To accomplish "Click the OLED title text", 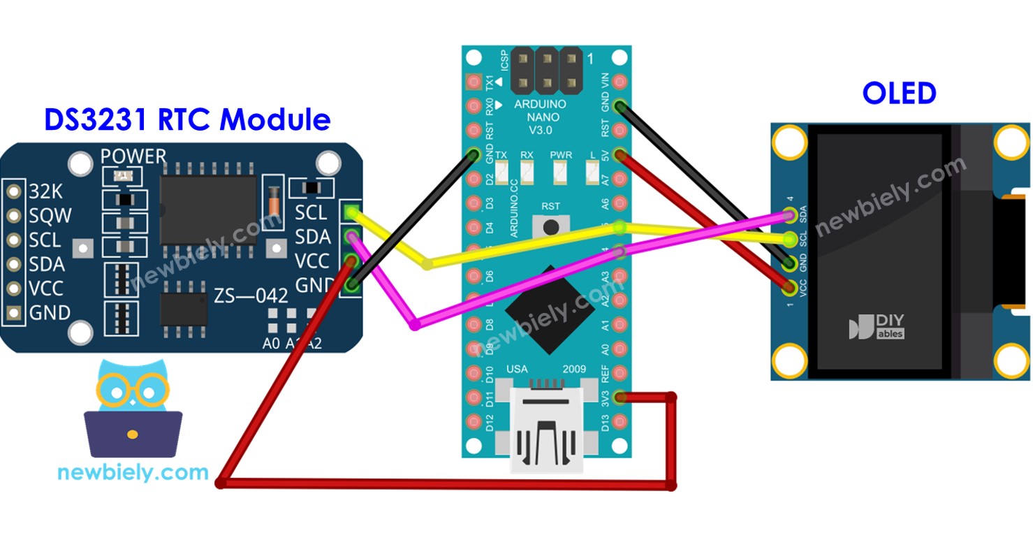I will pyautogui.click(x=899, y=94).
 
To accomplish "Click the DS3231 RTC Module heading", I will pyautogui.click(x=187, y=119).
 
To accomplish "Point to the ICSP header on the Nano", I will pyautogui.click(x=547, y=71).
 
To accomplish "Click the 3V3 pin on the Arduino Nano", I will pyautogui.click(x=620, y=397).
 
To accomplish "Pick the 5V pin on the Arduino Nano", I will pyautogui.click(x=620, y=155).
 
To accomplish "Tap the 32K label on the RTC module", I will pyautogui.click(x=45, y=191).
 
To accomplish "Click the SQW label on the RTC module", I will pyautogui.click(x=50, y=216).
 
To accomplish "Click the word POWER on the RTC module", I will pyautogui.click(x=133, y=156).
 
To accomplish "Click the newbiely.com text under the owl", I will pyautogui.click(x=133, y=473).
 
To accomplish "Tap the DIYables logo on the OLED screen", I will pyautogui.click(x=877, y=327).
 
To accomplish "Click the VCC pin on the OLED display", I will pyautogui.click(x=790, y=286).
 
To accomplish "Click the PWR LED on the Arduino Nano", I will pyautogui.click(x=561, y=168).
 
